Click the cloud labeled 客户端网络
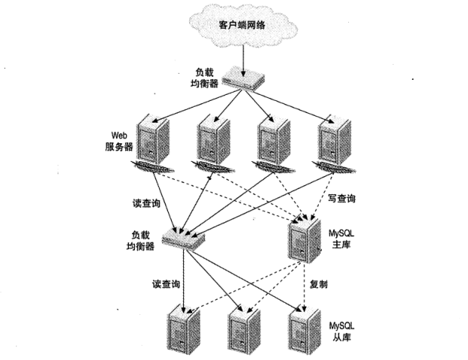pyautogui.click(x=242, y=24)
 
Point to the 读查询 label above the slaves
pyautogui.click(x=165, y=284)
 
